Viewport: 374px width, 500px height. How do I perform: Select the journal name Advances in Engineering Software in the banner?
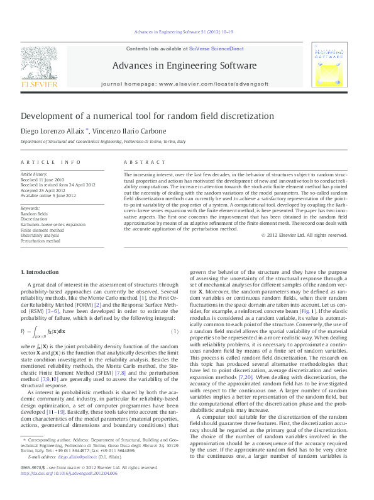184,65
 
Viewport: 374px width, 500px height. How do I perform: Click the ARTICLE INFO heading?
50,162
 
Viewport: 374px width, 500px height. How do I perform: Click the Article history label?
35,173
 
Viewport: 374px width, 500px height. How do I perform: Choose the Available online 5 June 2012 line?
48,195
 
